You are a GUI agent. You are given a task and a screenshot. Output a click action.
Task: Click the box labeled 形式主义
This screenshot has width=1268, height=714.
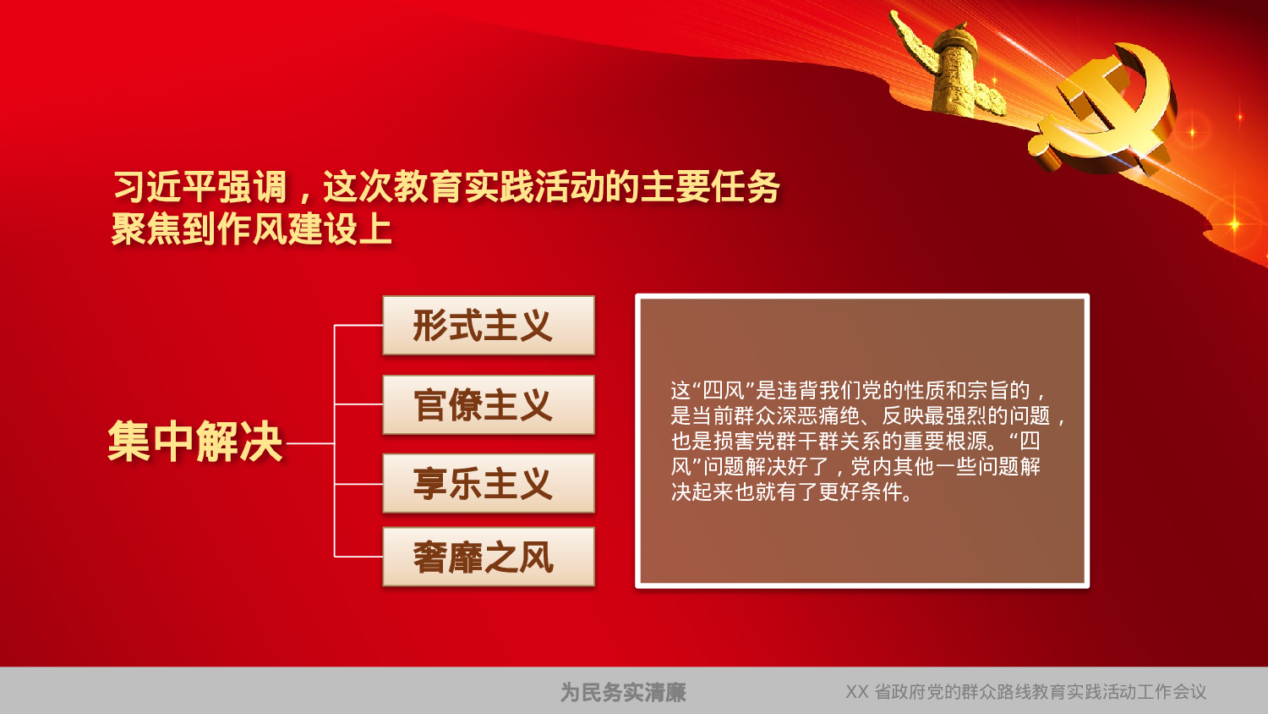[x=489, y=326]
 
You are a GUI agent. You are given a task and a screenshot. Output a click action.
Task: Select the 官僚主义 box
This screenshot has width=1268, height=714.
[x=489, y=405]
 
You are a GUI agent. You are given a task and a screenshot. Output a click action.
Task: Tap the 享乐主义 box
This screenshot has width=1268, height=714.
[x=489, y=483]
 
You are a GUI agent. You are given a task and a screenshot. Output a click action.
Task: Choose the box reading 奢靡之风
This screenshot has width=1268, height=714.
[x=489, y=557]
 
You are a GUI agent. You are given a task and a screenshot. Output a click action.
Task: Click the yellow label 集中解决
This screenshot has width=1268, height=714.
[x=195, y=442]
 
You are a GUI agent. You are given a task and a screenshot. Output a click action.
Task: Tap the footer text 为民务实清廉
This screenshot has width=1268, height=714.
[x=623, y=693]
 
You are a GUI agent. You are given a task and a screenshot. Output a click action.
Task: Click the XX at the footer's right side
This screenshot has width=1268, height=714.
[x=856, y=692]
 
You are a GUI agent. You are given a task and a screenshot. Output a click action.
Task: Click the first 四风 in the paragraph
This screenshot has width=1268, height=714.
[x=723, y=391]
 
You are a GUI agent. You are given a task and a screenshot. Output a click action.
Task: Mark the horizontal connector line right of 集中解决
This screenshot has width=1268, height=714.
[x=310, y=442]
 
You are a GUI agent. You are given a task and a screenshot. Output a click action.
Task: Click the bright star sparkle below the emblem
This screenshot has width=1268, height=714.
[x=1234, y=224]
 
